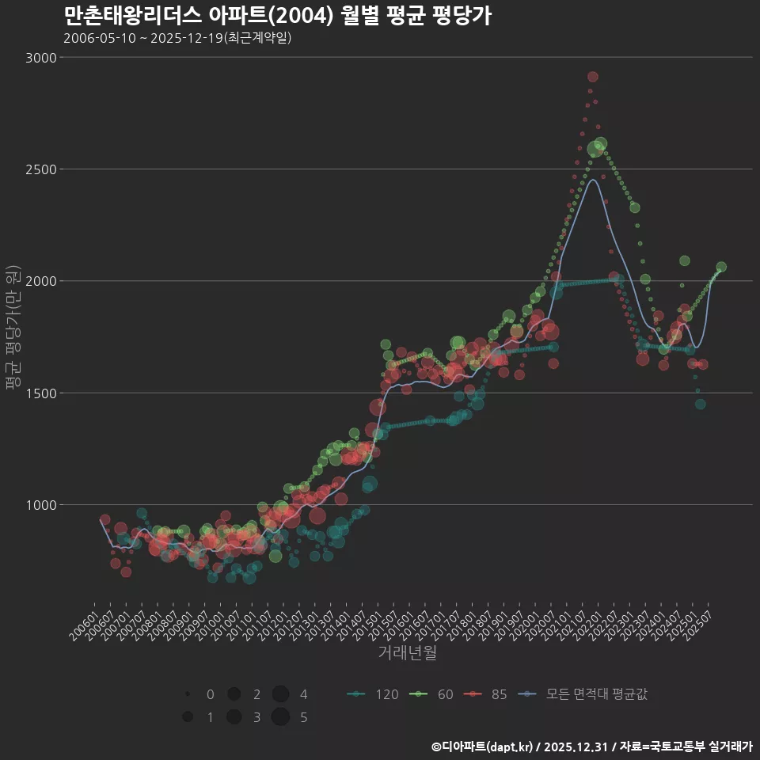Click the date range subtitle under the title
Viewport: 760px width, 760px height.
coord(177,38)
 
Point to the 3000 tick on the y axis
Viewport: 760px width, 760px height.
coord(40,58)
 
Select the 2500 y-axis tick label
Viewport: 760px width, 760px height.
coord(40,169)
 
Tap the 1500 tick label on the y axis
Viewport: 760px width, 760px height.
coord(40,393)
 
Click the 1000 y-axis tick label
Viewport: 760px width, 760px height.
coord(40,505)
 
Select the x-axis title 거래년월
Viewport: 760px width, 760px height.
coord(407,653)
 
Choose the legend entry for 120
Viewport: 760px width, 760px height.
coord(372,694)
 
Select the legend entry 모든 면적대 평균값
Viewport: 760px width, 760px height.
coord(582,694)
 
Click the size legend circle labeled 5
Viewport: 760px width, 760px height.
coord(279,717)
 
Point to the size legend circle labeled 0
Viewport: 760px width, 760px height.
coord(188,694)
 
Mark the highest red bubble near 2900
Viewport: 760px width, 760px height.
coord(593,77)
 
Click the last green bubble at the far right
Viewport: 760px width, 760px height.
coord(721,267)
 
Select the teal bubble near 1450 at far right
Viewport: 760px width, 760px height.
coord(700,404)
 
